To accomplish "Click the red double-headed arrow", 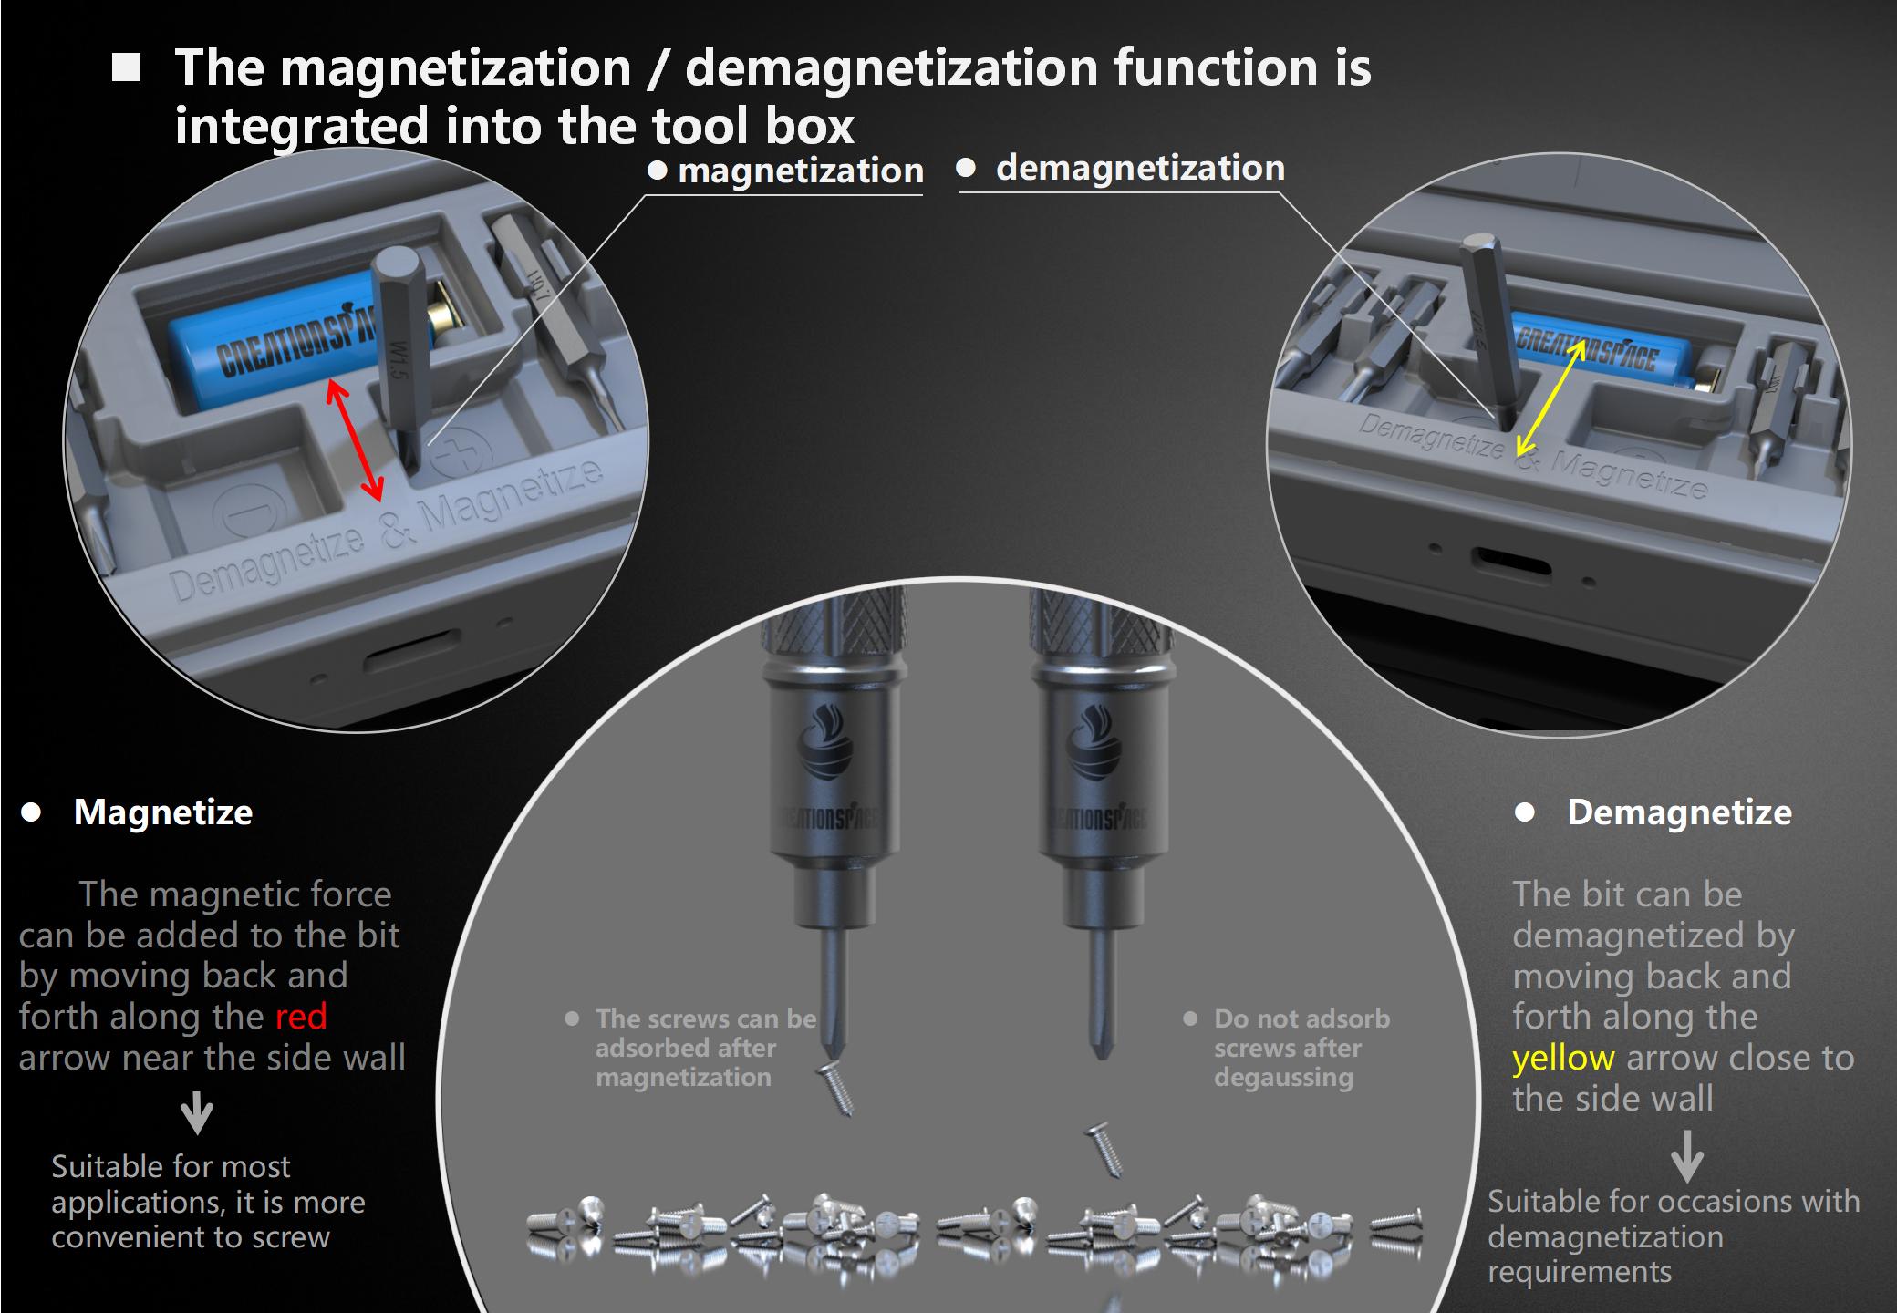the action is coord(355,440).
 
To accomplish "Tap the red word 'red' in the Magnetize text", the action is coord(301,1017).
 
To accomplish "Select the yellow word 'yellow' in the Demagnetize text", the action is coord(1563,1059).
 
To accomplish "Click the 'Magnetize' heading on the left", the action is coord(163,812).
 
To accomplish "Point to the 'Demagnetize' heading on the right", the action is coord(1679,812).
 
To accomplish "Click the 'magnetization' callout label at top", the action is coord(801,171).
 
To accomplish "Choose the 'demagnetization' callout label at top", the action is coord(1140,168).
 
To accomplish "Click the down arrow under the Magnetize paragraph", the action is coord(197,1115).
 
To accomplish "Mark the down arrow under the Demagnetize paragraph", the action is coord(1687,1156).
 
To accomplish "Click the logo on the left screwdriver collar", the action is coord(824,748).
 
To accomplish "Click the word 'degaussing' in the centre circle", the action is coord(1283,1078).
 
